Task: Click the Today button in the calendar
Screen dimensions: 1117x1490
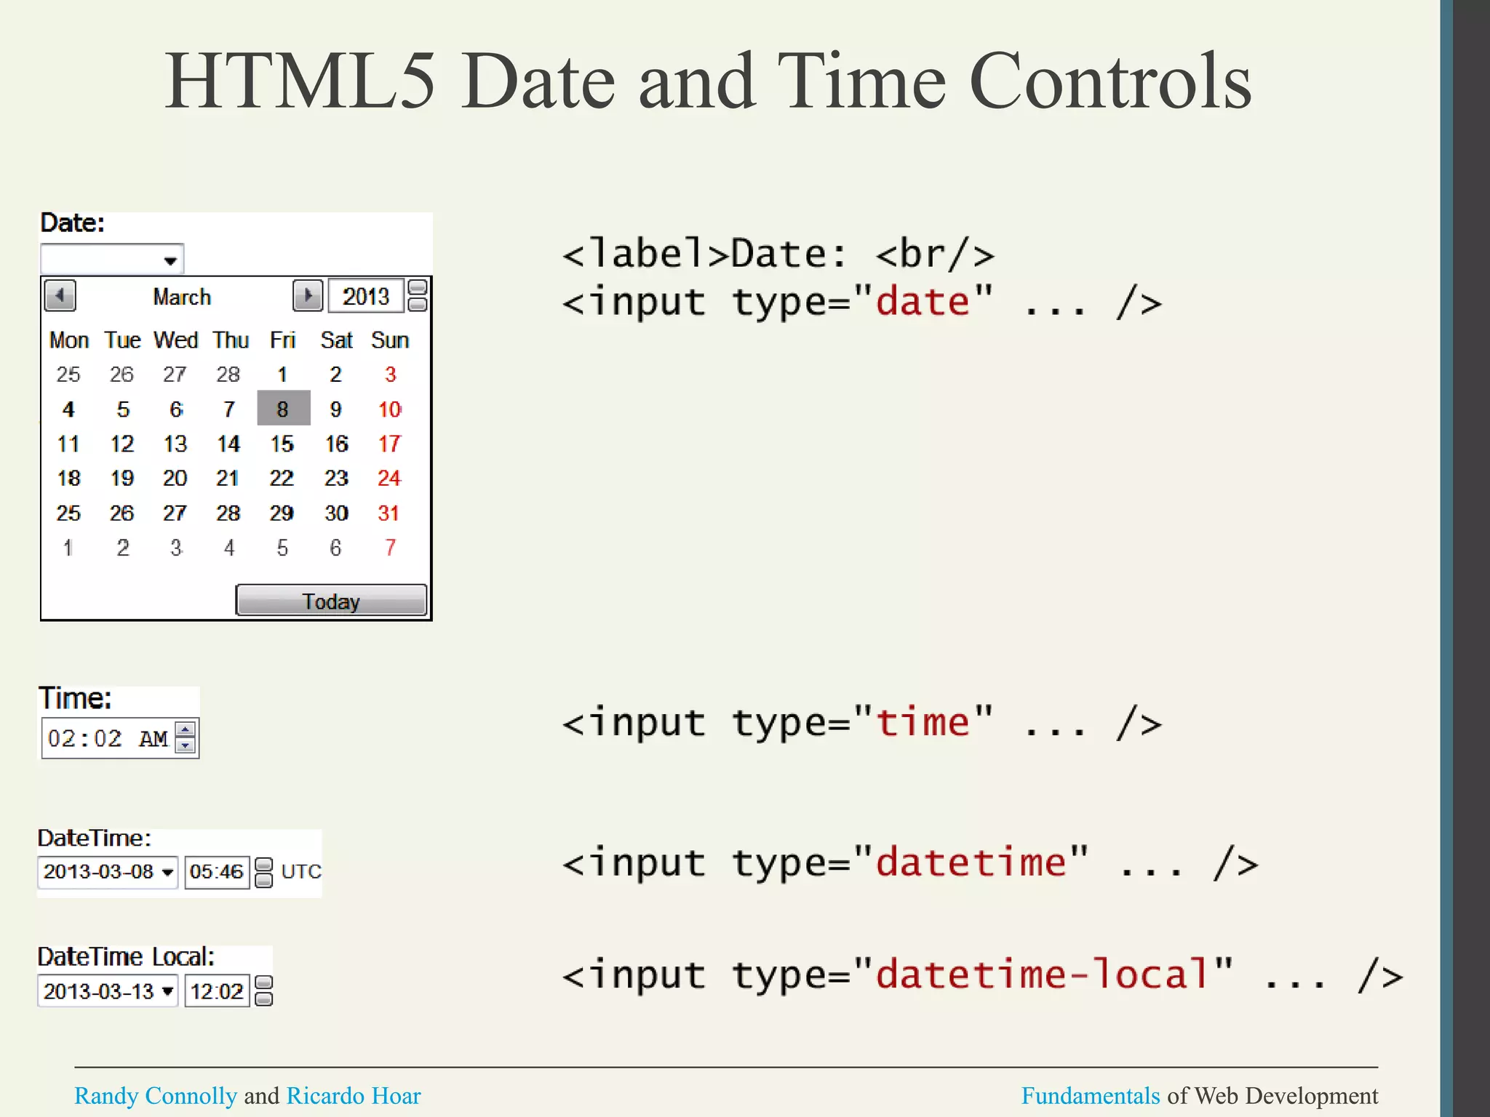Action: (331, 601)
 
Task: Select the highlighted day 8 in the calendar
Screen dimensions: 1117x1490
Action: (283, 409)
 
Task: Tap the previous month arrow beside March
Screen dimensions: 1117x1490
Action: (60, 296)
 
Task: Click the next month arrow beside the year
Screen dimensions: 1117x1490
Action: (308, 296)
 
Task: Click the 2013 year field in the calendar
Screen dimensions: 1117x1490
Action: (366, 296)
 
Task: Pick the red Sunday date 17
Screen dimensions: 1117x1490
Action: (389, 444)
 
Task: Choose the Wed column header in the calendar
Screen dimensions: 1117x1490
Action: (175, 340)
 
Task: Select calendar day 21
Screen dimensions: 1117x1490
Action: (228, 478)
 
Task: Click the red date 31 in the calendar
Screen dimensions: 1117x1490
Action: (389, 513)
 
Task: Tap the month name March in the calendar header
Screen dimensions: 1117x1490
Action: (182, 297)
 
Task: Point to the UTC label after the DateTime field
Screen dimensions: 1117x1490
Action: (300, 871)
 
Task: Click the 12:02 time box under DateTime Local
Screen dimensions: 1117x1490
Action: (217, 990)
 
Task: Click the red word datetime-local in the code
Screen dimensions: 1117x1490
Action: (1043, 974)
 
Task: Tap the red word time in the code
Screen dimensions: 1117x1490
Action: (923, 722)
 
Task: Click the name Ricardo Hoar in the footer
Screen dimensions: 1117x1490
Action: (354, 1095)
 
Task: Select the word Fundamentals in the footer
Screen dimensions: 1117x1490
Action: (1090, 1095)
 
